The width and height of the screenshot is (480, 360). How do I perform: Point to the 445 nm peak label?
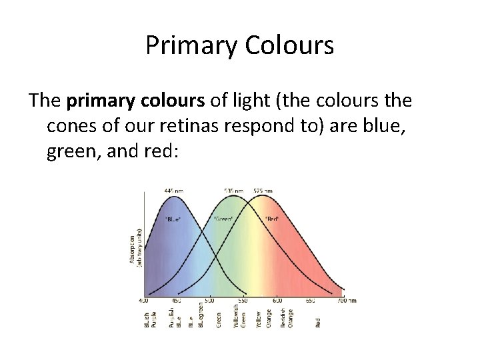pyautogui.click(x=175, y=191)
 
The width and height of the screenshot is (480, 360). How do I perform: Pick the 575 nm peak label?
pyautogui.click(x=263, y=191)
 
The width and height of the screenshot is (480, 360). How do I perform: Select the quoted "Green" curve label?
pyautogui.click(x=223, y=219)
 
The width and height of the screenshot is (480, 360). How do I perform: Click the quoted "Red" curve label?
pyautogui.click(x=272, y=219)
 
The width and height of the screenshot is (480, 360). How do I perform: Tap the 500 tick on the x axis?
pyautogui.click(x=211, y=301)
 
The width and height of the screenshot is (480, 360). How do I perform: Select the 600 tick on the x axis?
pyautogui.click(x=277, y=301)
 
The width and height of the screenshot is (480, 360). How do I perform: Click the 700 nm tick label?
pyautogui.click(x=346, y=301)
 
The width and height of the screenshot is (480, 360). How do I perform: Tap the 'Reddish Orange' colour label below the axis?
pyautogui.click(x=287, y=319)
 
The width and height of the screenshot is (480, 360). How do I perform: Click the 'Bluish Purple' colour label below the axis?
pyautogui.click(x=150, y=319)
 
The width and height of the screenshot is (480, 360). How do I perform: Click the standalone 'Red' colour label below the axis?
pyautogui.click(x=317, y=322)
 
